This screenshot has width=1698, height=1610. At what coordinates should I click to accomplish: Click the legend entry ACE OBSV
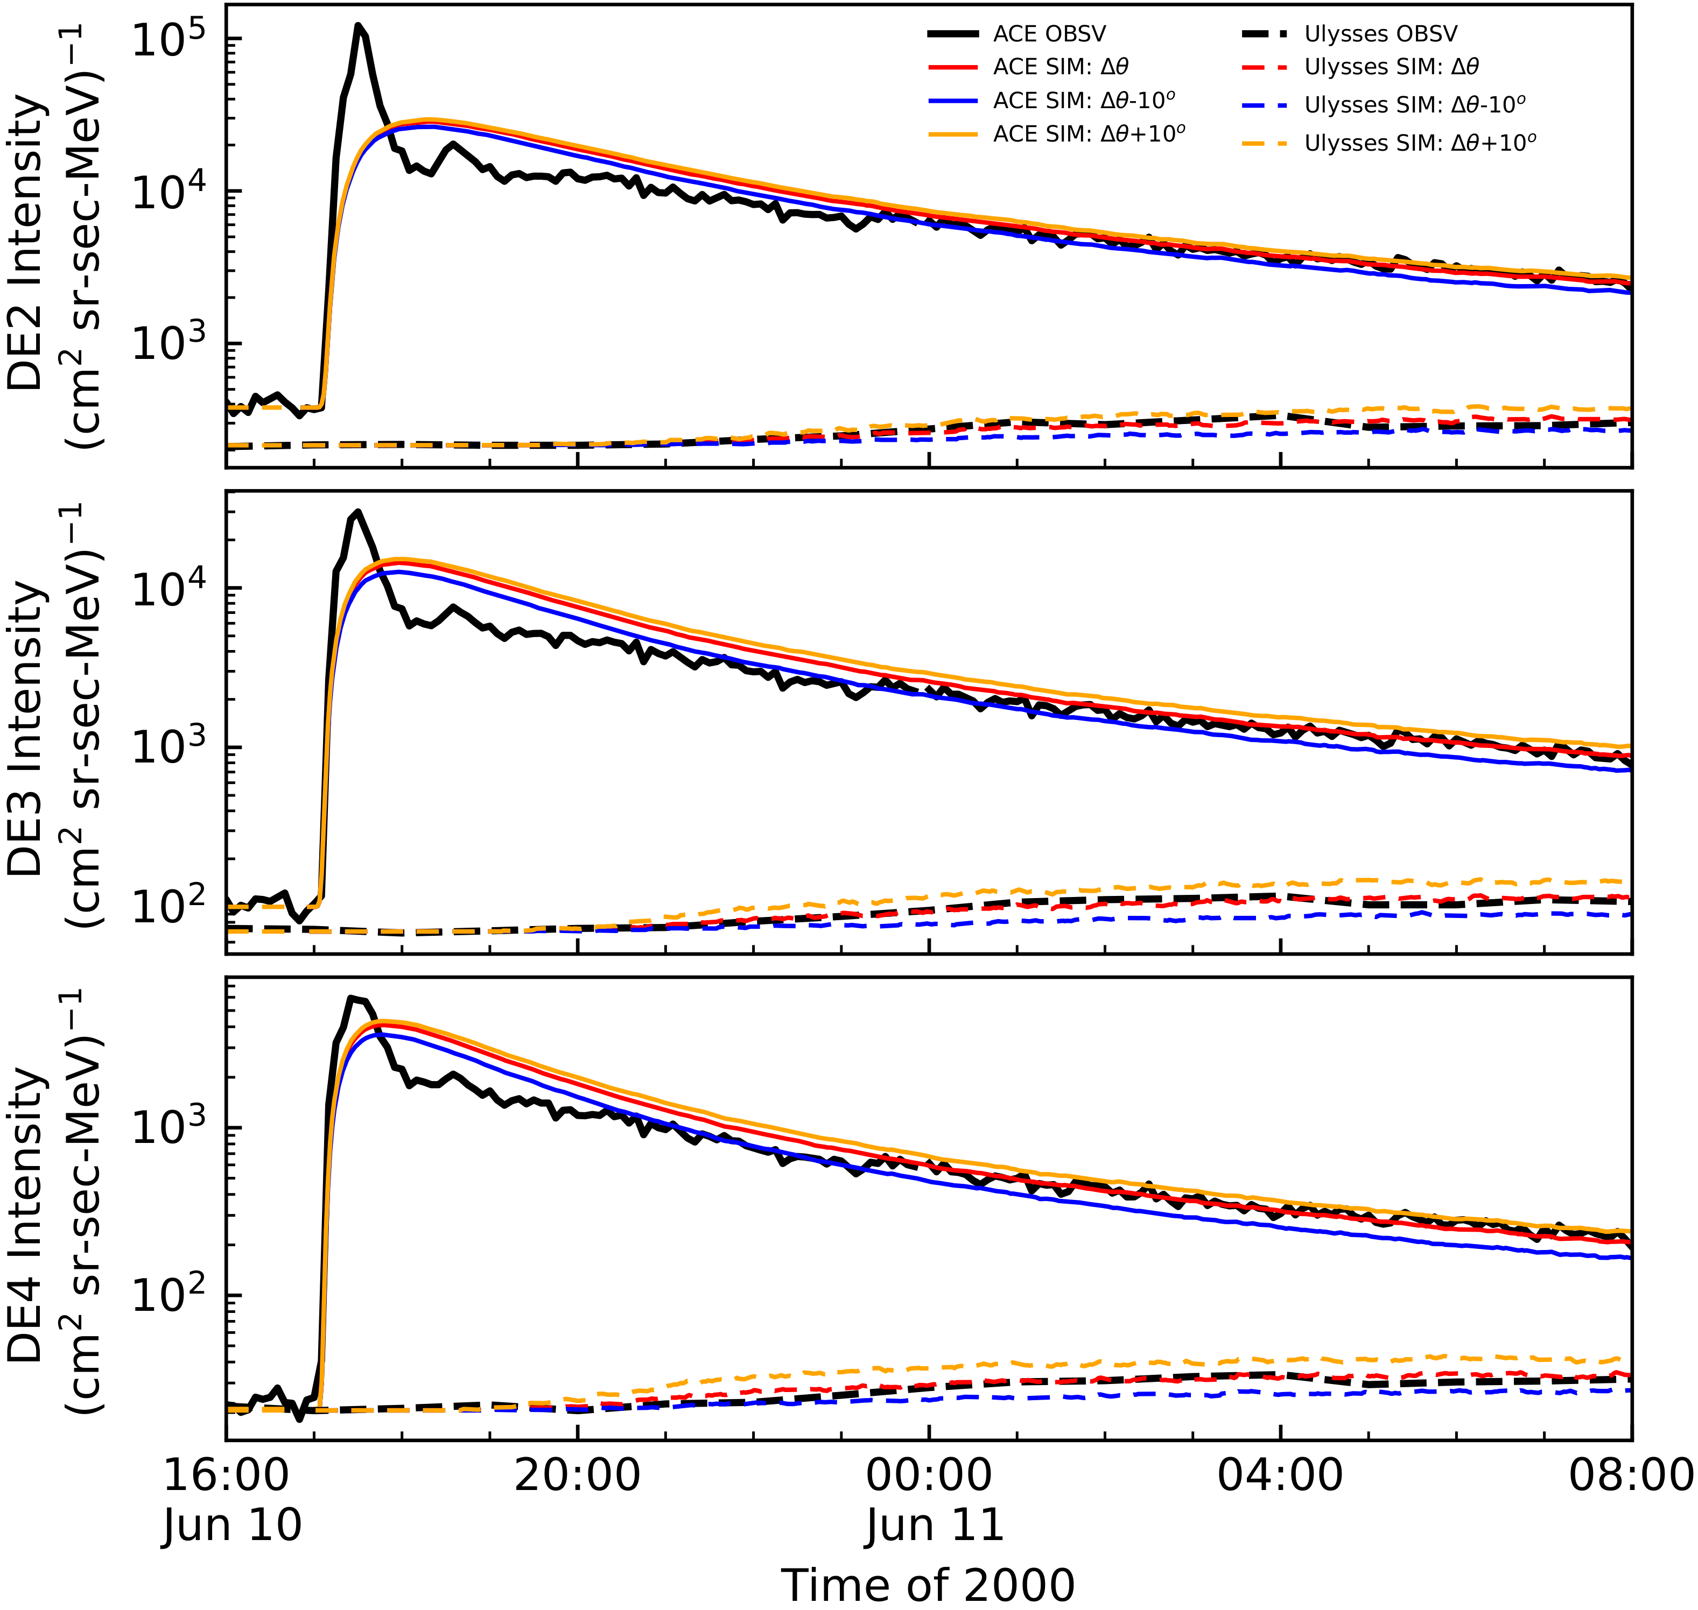point(1049,34)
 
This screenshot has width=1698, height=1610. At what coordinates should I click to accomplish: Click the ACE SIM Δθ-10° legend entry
point(1083,101)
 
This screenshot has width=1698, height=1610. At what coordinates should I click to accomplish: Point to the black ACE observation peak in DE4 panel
point(350,998)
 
